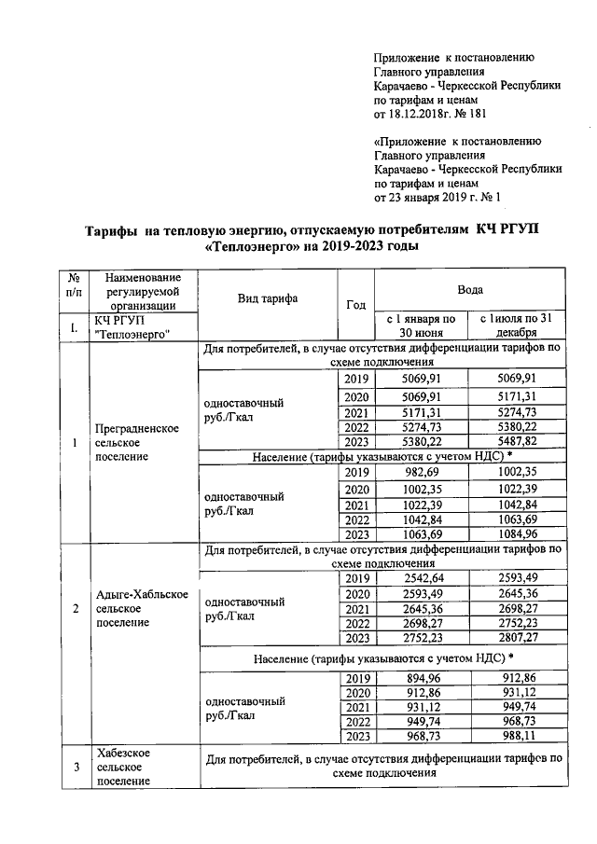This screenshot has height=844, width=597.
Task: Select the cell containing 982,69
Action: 420,474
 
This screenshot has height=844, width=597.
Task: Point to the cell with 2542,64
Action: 420,579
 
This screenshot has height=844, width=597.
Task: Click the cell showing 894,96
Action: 420,678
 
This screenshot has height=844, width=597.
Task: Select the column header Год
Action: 355,305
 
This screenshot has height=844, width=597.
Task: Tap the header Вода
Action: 469,291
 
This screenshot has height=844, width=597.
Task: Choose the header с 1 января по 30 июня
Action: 421,325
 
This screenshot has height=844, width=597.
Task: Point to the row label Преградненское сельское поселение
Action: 137,443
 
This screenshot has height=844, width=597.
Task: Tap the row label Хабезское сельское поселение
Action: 125,766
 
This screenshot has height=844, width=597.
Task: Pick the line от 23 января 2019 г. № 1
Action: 437,198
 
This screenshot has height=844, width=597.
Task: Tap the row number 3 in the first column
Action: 75,766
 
